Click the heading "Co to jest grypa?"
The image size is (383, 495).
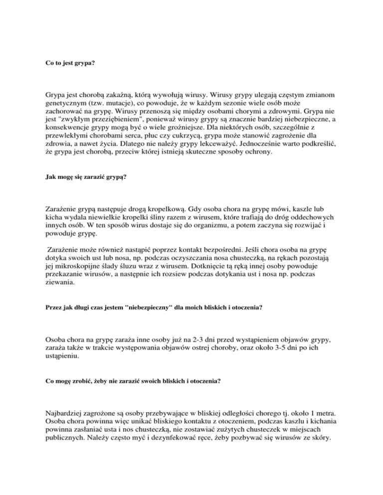pos(68,64)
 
